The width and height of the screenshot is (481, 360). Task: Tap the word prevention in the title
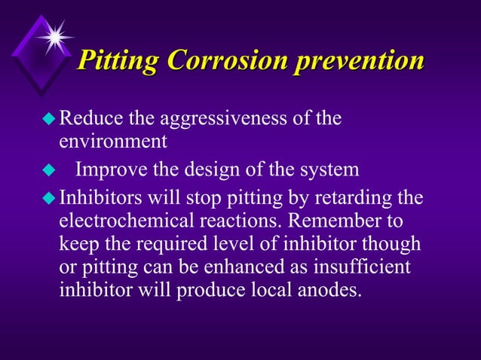(x=359, y=60)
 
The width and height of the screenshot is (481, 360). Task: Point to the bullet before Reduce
(x=51, y=119)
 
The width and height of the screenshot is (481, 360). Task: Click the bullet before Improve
(x=51, y=170)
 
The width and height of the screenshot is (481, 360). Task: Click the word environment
(x=112, y=141)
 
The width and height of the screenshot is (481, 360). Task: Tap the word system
(x=330, y=171)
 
